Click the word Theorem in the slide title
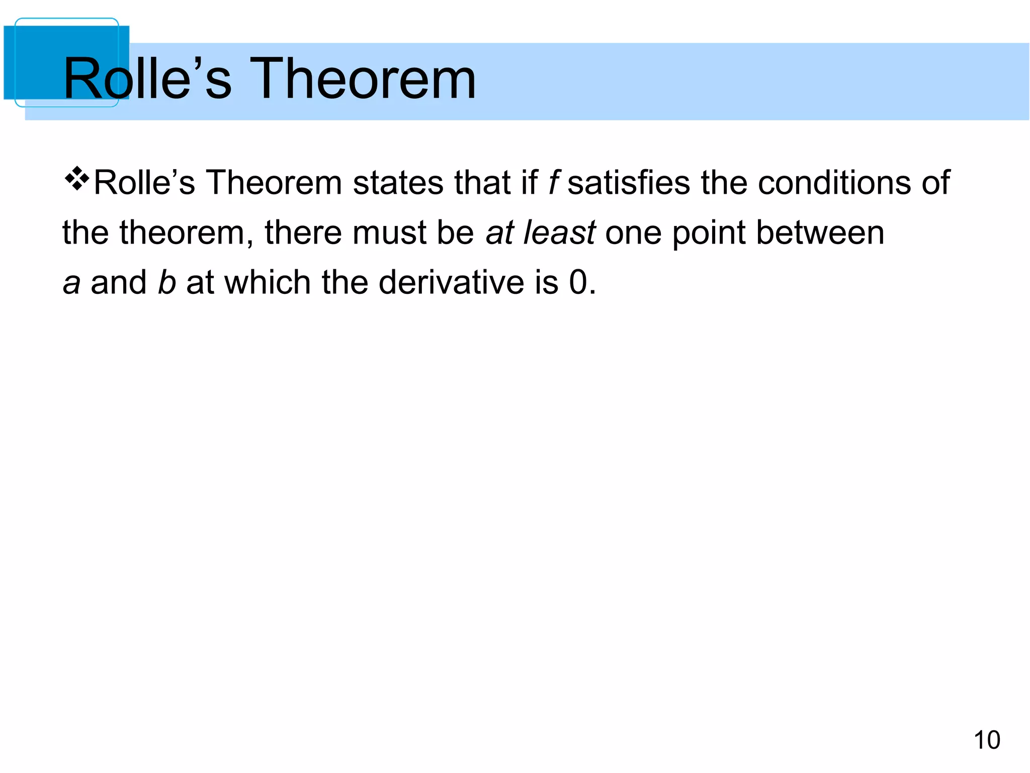(362, 79)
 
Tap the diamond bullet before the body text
(76, 180)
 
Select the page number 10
(987, 740)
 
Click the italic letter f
(554, 182)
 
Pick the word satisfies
(629, 182)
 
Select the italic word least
(559, 233)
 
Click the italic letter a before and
(71, 283)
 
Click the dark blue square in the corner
(35, 60)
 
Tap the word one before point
(633, 234)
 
